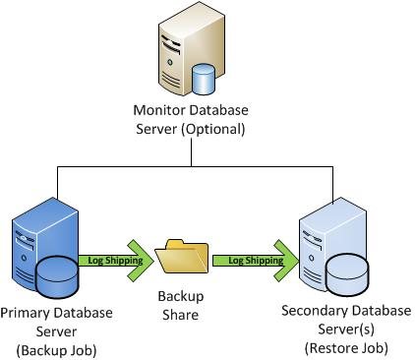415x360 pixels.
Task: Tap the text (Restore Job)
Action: (x=346, y=348)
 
